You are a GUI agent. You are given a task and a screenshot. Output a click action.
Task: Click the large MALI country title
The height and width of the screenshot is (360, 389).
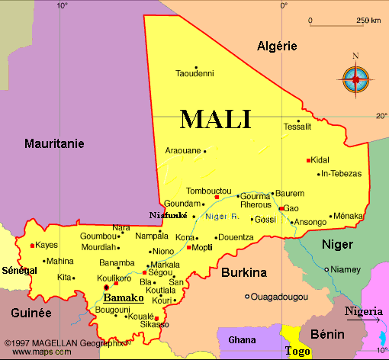[215, 119]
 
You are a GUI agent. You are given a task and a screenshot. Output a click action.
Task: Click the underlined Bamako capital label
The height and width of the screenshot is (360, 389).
[123, 297]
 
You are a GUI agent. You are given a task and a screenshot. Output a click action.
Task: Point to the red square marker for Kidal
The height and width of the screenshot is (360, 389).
[308, 160]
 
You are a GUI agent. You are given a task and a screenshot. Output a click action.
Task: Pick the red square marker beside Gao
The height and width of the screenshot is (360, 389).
[281, 208]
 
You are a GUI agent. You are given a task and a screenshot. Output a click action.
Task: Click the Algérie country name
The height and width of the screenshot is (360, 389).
[276, 46]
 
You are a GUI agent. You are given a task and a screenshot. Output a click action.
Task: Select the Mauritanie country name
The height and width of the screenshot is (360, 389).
[54, 143]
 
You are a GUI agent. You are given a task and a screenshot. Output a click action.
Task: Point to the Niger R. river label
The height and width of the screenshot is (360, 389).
[223, 217]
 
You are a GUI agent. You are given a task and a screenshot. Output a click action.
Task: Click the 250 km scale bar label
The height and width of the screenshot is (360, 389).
[368, 20]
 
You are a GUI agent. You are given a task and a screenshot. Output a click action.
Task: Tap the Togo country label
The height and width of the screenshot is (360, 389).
[297, 351]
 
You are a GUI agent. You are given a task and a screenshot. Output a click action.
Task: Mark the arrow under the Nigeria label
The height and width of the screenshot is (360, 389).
[364, 320]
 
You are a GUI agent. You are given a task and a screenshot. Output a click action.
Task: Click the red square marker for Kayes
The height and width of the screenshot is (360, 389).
[31, 246]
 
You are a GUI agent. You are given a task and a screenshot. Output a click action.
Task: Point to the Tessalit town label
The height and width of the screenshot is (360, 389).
[297, 127]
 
